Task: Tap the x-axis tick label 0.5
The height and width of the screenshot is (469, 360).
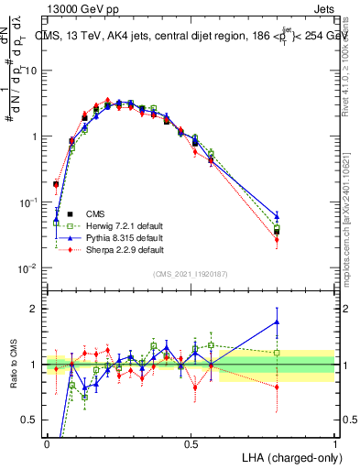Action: [x=191, y=443]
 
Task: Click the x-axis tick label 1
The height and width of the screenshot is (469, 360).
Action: [x=334, y=443]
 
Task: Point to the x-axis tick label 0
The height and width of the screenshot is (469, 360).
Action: [x=47, y=443]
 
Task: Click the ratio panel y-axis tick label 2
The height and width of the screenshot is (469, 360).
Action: [x=35, y=309]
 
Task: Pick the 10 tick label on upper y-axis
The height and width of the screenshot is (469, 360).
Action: [x=32, y=71]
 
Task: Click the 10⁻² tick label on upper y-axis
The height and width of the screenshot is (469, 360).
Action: [x=29, y=268]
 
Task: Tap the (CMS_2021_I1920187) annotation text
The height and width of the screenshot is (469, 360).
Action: [x=190, y=273]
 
